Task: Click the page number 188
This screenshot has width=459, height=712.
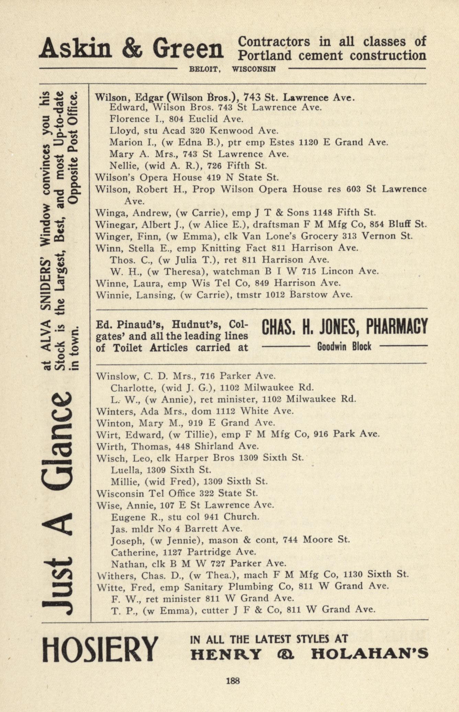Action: pos(233,680)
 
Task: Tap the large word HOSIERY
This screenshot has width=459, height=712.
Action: pos(100,649)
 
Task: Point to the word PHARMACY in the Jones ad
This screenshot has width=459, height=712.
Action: pos(397,326)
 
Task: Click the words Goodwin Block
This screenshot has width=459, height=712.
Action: pos(344,346)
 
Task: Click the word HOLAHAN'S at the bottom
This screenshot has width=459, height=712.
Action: pos(369,654)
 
